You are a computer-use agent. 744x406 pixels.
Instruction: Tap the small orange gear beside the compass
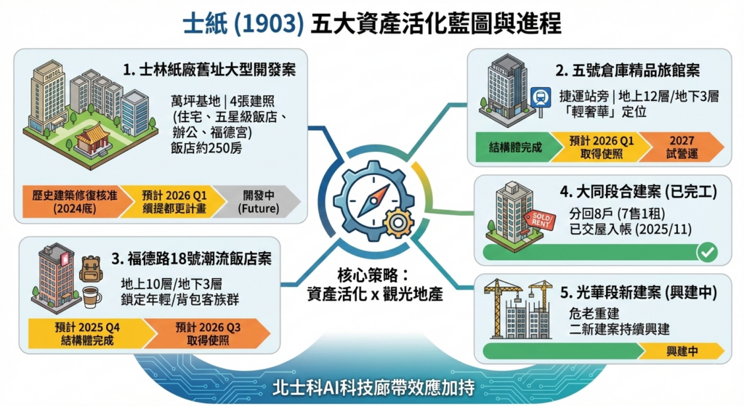[398, 222]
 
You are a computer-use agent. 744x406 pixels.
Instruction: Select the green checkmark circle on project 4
[707, 252]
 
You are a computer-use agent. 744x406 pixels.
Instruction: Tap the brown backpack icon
[91, 269]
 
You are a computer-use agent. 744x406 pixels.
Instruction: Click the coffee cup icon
[91, 297]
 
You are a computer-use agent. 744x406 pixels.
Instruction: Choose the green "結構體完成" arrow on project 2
[515, 147]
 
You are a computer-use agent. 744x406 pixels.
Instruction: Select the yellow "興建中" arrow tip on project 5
[682, 351]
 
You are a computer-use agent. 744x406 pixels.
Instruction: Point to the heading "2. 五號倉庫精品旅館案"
[627, 70]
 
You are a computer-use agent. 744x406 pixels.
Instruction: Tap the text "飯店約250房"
[206, 147]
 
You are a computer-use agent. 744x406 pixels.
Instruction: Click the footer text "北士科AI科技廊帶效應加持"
[373, 388]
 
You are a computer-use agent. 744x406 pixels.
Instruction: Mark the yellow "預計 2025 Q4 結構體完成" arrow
[88, 334]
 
